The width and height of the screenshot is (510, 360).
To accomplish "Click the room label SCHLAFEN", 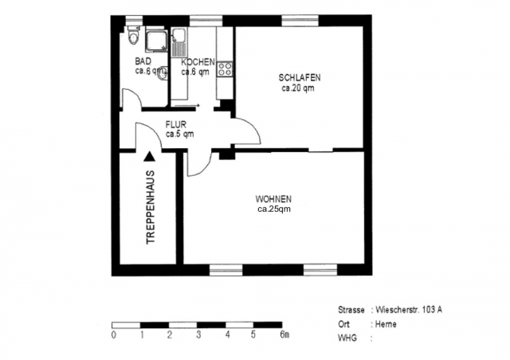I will tap(300, 78).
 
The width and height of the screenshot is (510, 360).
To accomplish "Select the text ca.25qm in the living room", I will tap(273, 209).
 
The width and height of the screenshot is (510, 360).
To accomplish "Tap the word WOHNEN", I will tap(273, 199).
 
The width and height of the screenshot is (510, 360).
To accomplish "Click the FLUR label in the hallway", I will tap(177, 124).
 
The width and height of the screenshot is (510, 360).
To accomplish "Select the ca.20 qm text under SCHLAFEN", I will tap(298, 88).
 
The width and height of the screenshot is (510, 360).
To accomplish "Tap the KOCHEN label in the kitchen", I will tap(197, 62).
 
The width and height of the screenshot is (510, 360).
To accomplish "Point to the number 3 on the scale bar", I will tap(198, 335).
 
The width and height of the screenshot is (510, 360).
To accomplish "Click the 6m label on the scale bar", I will tap(284, 335).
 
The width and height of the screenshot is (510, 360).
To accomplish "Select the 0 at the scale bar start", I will tap(114, 335).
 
